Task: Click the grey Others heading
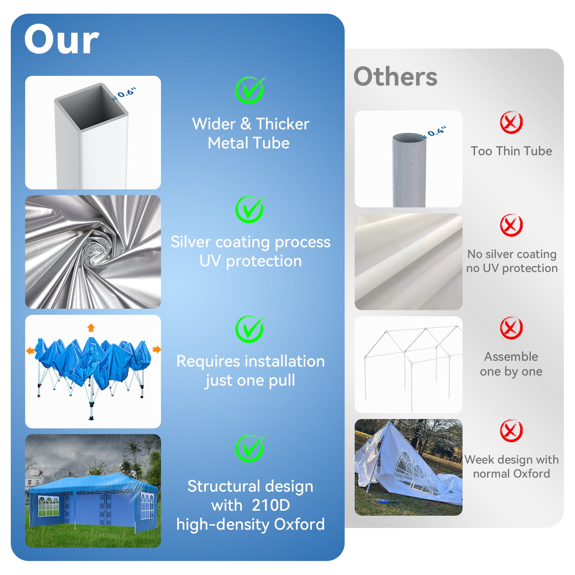[395, 77]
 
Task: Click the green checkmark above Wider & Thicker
[250, 90]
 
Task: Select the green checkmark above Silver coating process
[250, 210]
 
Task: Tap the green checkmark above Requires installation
[250, 329]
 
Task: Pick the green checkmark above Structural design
[250, 448]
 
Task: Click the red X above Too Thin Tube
[511, 123]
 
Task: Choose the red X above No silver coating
[511, 225]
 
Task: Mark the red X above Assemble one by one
[511, 328]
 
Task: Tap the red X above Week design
[511, 431]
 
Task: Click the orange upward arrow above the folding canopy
[91, 327]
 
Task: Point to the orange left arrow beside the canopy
[31, 350]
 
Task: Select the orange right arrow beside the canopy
[157, 349]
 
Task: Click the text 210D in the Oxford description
[271, 505]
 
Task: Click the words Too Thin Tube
[511, 151]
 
